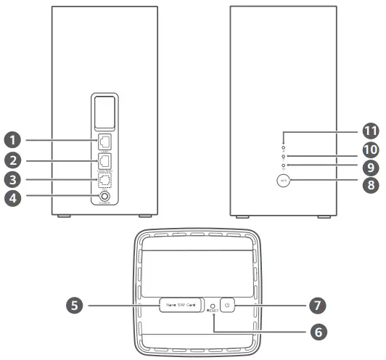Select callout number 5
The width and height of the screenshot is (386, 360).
click(x=73, y=306)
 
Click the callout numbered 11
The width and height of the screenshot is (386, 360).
click(x=371, y=131)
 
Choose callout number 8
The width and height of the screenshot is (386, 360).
click(x=371, y=185)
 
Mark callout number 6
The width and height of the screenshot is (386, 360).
click(x=316, y=332)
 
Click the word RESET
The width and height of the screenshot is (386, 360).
click(x=212, y=311)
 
